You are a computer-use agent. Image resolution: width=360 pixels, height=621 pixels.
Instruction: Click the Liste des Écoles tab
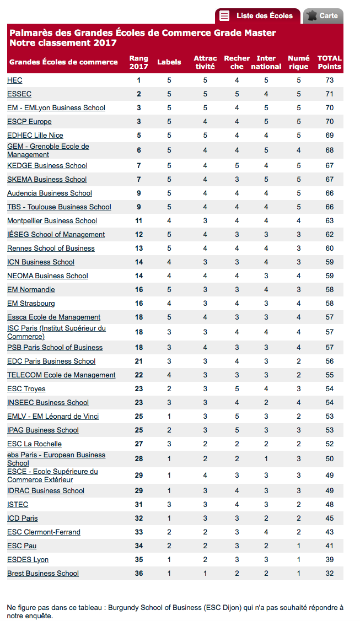point(258,16)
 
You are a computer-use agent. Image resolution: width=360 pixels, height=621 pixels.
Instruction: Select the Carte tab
point(323,16)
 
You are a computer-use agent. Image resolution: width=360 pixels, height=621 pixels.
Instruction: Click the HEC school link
point(15,80)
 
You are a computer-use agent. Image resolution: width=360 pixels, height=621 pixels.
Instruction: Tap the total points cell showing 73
point(329,80)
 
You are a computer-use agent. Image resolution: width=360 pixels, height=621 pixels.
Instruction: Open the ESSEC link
point(19,94)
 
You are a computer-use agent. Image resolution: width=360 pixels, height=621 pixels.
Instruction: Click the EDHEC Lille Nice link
point(35,136)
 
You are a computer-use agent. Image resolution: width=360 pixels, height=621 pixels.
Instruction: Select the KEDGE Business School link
point(47,166)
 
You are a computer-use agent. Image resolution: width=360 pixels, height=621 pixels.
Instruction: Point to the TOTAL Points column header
point(329,62)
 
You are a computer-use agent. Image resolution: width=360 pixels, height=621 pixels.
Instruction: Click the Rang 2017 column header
point(139,62)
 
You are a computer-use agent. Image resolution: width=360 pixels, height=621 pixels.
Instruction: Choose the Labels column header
point(169,62)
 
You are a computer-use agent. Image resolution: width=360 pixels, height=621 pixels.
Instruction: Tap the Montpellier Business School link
point(52,221)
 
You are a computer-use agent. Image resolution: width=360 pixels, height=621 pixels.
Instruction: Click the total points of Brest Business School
point(329,574)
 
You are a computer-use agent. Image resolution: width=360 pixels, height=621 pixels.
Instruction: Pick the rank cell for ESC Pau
point(139,546)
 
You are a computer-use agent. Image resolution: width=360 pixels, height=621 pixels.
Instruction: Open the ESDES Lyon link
point(28,560)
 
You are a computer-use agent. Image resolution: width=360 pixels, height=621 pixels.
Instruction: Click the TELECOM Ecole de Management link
point(61,375)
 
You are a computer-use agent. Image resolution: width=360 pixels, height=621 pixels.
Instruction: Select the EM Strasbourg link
point(31,304)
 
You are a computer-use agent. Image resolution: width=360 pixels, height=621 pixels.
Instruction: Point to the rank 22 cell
point(139,375)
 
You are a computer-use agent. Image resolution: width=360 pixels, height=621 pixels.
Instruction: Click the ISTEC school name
point(18,505)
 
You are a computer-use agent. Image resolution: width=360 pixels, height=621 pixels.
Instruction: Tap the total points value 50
point(329,459)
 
